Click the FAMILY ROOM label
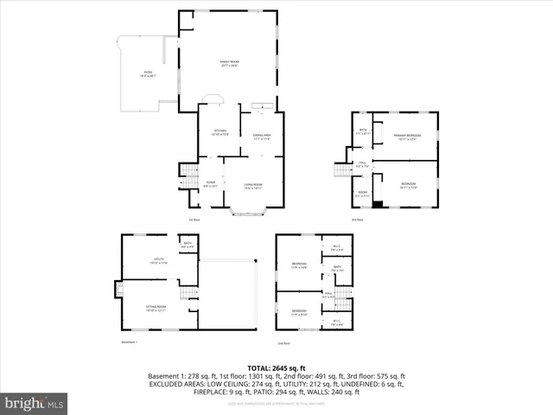point(230,62)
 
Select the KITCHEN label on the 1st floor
point(220,132)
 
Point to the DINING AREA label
point(262,135)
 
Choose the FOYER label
point(210,183)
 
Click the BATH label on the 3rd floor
point(363,133)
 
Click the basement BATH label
point(188,245)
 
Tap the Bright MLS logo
point(35,403)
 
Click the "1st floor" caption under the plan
point(194,219)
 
